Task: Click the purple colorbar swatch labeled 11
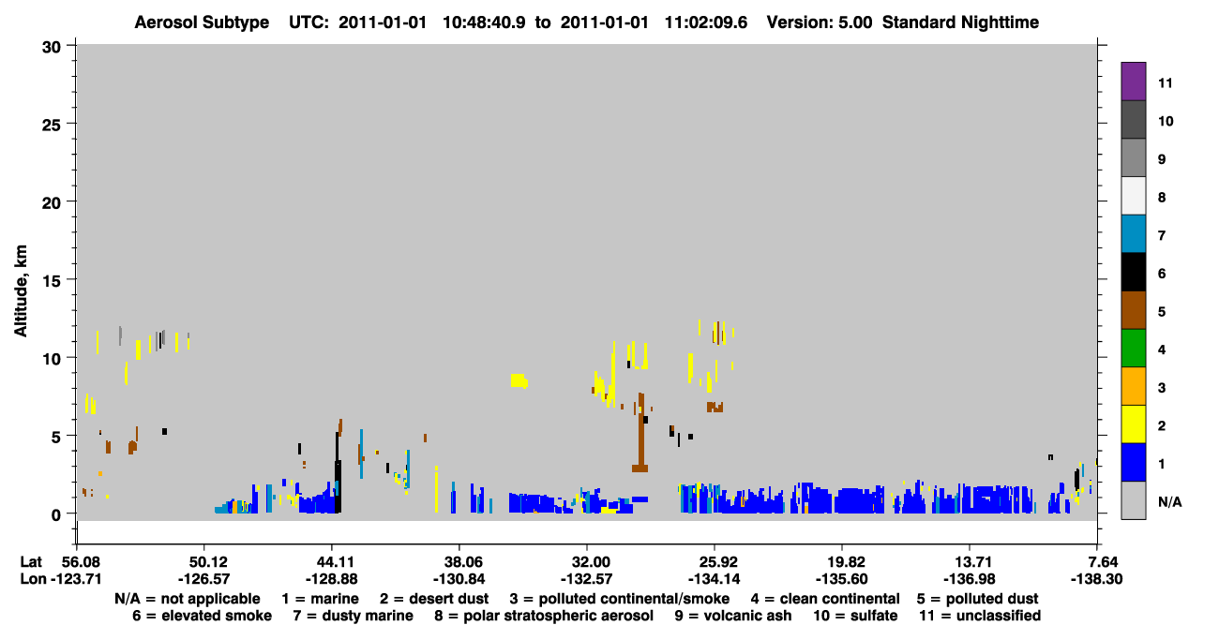[x=1133, y=82]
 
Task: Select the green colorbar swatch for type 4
[x=1133, y=349]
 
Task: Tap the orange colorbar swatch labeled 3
[x=1133, y=386]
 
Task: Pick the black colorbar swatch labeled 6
[x=1133, y=272]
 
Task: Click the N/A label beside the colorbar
[x=1169, y=501]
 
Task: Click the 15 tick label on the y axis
[x=53, y=280]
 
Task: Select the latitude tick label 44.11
[x=331, y=561]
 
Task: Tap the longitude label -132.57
[x=587, y=579]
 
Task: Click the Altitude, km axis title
[x=20, y=290]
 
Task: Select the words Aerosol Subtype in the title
[x=202, y=22]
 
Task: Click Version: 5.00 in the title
[x=819, y=22]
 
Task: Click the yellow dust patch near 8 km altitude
[x=519, y=380]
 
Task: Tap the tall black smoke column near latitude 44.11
[x=338, y=472]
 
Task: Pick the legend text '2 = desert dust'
[x=434, y=599]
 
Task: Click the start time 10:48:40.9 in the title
[x=484, y=22]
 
